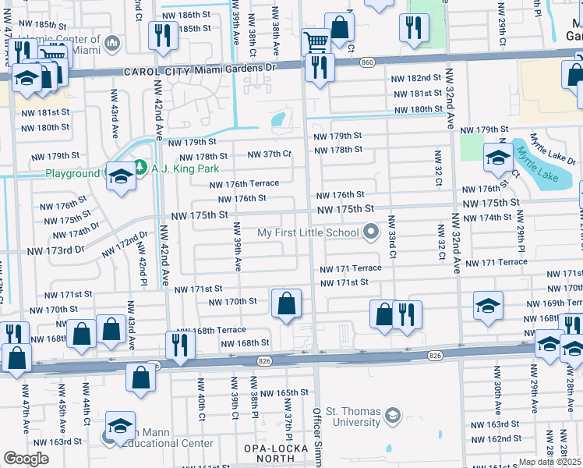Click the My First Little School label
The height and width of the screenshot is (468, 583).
[308, 232]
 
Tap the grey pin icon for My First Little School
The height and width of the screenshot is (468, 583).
[371, 232]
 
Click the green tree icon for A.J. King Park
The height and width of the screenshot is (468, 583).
[140, 166]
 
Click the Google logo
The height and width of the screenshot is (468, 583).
[26, 458]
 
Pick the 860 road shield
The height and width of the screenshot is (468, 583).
[368, 62]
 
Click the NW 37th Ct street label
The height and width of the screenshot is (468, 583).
[269, 154]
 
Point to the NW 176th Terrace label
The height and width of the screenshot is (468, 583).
[243, 184]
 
